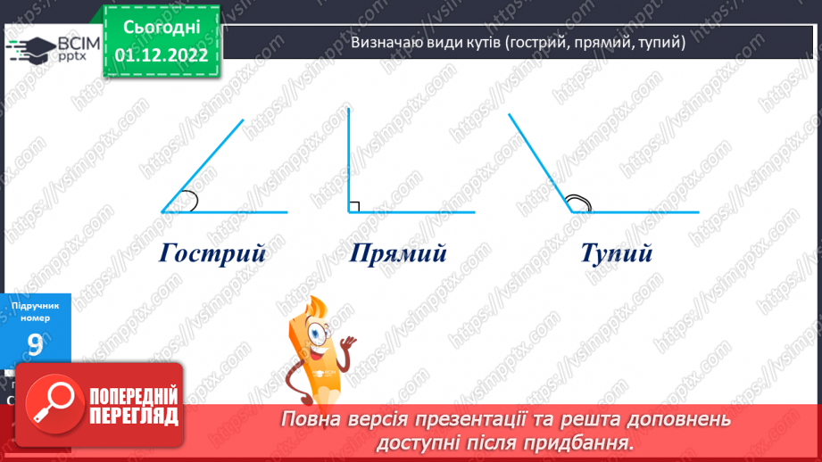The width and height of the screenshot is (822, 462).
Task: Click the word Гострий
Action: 213,253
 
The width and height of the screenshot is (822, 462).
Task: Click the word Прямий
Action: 398,253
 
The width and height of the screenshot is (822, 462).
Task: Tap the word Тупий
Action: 616,253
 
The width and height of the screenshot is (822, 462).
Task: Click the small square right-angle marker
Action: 354,207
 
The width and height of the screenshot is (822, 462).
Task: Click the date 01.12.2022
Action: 162,55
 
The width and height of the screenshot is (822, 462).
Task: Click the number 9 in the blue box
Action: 35,345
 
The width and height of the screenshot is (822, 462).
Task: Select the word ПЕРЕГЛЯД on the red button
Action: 133,416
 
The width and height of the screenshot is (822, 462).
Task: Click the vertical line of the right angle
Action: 349,161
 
